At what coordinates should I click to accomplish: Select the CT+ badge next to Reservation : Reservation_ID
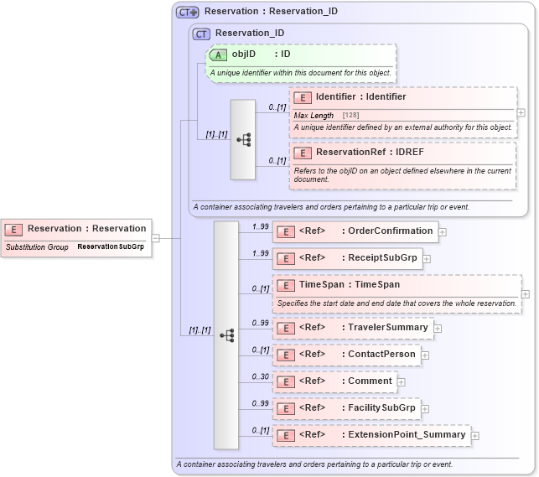tap(187, 13)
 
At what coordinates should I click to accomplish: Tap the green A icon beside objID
tap(219, 54)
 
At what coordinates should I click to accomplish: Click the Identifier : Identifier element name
tap(360, 97)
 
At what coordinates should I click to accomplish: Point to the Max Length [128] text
tap(326, 115)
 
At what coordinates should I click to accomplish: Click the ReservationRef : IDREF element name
tap(369, 153)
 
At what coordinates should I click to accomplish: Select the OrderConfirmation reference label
tap(391, 231)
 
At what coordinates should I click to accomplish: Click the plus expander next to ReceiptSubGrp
tap(427, 258)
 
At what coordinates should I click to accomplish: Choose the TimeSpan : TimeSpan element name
tap(349, 285)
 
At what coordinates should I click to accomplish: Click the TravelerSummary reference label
tap(388, 328)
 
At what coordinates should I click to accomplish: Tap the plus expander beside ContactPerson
tap(425, 355)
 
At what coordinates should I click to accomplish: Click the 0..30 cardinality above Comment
tap(261, 376)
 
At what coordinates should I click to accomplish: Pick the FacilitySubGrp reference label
tap(382, 408)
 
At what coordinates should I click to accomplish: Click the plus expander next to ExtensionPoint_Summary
tap(475, 436)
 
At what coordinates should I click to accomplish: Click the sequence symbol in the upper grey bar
tap(244, 140)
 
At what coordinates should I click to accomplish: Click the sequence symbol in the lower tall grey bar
tap(226, 335)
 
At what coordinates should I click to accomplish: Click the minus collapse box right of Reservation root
tap(156, 238)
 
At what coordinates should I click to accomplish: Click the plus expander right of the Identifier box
tap(521, 112)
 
